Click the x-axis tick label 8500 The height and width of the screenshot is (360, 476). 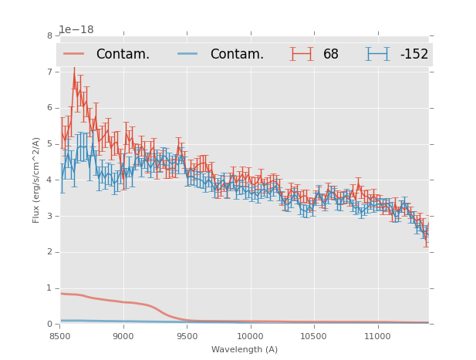click(x=60, y=336)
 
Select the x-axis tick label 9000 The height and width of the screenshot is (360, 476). click(x=123, y=336)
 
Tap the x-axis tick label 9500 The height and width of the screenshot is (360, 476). click(x=187, y=336)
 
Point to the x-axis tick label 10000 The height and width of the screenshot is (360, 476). click(x=250, y=336)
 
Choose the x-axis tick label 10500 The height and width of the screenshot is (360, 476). click(x=313, y=336)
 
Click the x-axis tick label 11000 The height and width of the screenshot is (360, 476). click(x=377, y=336)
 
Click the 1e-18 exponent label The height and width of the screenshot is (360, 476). click(x=76, y=29)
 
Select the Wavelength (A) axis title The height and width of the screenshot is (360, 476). click(x=245, y=350)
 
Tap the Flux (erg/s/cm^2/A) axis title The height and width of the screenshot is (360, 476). click(x=36, y=180)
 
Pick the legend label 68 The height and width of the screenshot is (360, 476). click(x=331, y=54)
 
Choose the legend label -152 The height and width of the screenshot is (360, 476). click(x=414, y=54)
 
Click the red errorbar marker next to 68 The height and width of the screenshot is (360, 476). click(x=302, y=54)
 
